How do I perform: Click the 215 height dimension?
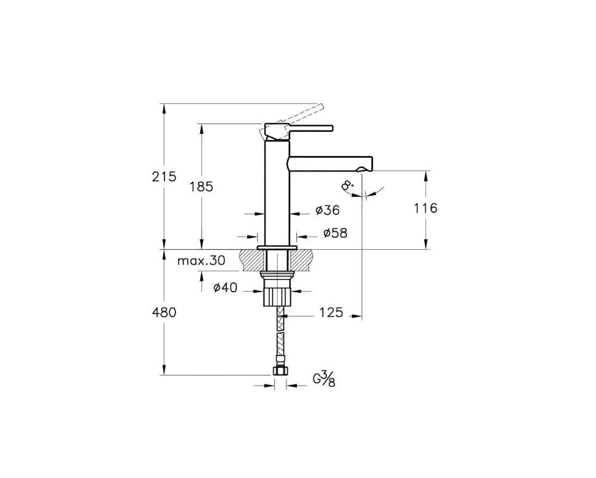(164, 176)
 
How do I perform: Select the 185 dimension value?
(201, 187)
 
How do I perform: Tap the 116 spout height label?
(426, 208)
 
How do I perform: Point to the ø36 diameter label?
(328, 210)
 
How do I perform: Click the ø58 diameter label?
(335, 233)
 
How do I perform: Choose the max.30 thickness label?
(201, 260)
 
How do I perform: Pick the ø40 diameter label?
(225, 288)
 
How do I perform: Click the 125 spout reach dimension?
(331, 312)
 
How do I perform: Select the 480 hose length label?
(164, 313)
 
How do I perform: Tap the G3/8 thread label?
(324, 379)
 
